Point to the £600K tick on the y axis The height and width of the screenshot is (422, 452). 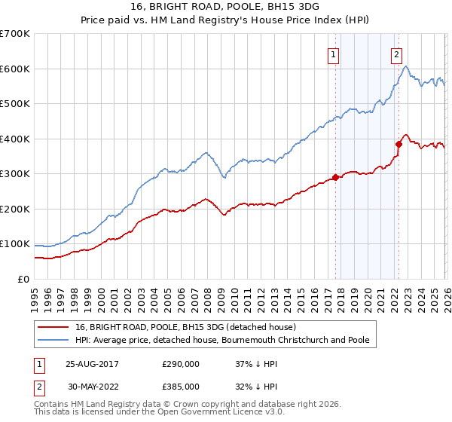14,69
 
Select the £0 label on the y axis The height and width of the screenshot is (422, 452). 23,279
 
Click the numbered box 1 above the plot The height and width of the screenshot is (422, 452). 333,54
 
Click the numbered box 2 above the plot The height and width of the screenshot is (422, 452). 396,54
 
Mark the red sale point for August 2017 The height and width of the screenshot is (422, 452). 334,178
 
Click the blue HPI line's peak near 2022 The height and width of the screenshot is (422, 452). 405,67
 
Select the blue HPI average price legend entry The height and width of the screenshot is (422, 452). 221,341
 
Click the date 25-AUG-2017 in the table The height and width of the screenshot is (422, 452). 92,364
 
